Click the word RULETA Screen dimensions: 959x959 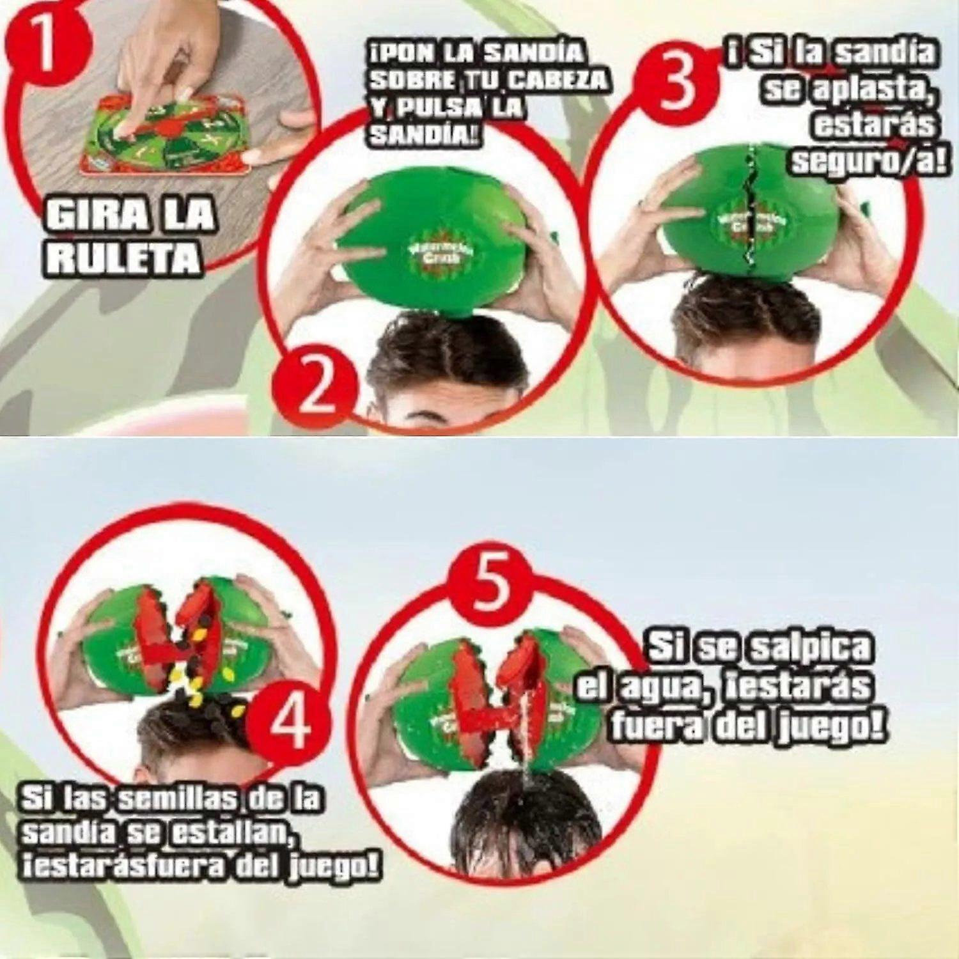pos(122,259)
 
